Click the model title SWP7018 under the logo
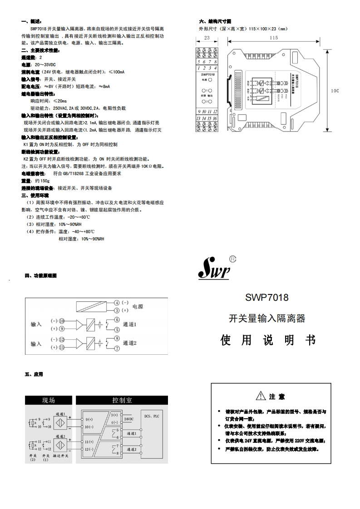click(267, 298)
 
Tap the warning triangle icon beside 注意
click(260, 396)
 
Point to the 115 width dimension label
click(273, 38)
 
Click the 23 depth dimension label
click(207, 38)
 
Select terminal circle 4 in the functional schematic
click(117, 303)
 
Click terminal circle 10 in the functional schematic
click(62, 321)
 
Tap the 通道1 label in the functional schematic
click(129, 325)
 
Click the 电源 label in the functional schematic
click(137, 307)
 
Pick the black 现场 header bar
click(49, 400)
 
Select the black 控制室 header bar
click(122, 400)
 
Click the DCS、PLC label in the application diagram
click(152, 416)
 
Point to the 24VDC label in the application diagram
click(129, 419)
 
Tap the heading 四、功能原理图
click(41, 275)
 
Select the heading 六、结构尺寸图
click(216, 21)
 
